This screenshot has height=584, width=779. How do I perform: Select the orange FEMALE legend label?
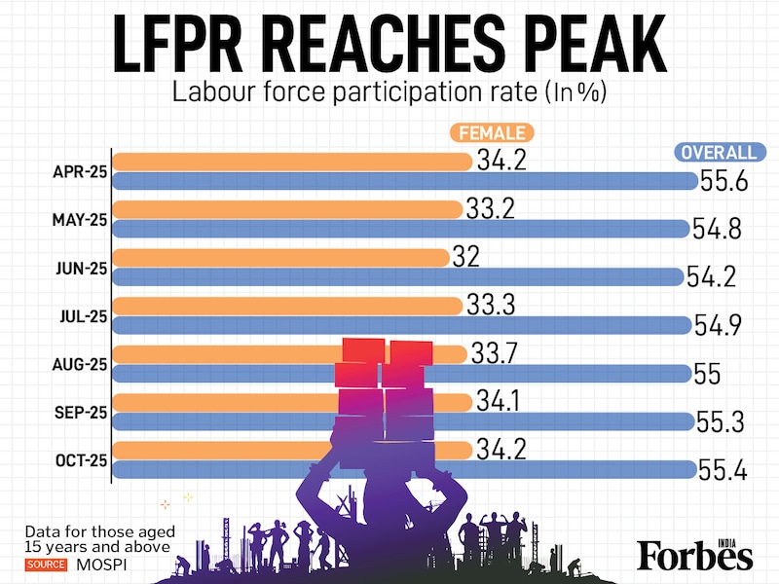click(493, 132)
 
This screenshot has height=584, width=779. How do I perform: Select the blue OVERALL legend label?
click(719, 153)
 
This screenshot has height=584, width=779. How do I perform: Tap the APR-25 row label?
click(80, 172)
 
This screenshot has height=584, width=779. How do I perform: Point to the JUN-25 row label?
click(80, 268)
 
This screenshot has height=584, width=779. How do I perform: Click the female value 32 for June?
click(466, 256)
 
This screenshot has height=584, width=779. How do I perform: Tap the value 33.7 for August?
click(495, 352)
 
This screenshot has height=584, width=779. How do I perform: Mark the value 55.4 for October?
click(723, 470)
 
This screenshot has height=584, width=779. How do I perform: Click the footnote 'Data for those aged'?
click(100, 531)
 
